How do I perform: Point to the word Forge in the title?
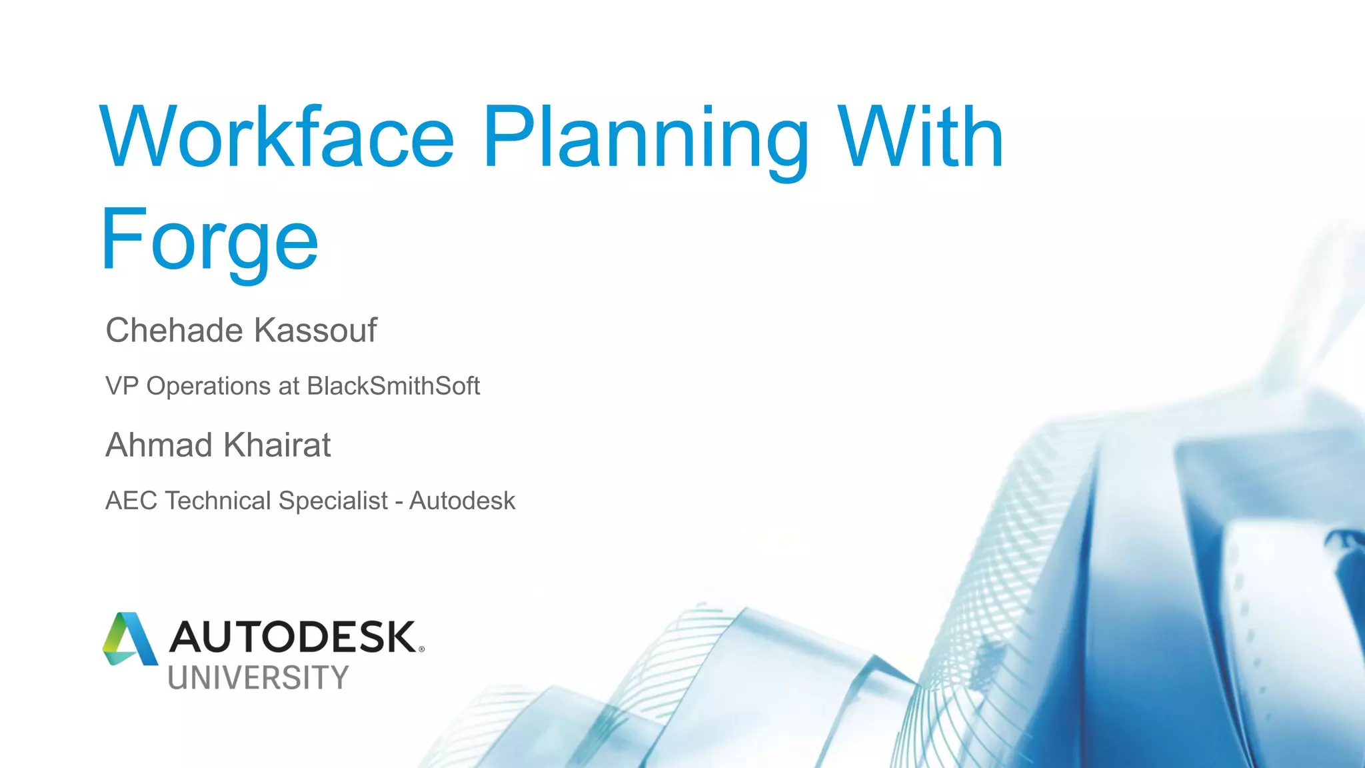(x=209, y=241)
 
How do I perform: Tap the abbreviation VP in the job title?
(x=122, y=386)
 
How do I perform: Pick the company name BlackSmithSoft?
(x=393, y=386)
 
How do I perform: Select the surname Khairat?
(x=277, y=445)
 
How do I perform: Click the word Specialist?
(x=333, y=501)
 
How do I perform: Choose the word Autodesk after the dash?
(x=462, y=501)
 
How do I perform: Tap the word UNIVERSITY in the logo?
(x=258, y=678)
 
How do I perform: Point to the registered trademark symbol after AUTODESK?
(x=421, y=649)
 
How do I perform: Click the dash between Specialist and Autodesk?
(x=399, y=502)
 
